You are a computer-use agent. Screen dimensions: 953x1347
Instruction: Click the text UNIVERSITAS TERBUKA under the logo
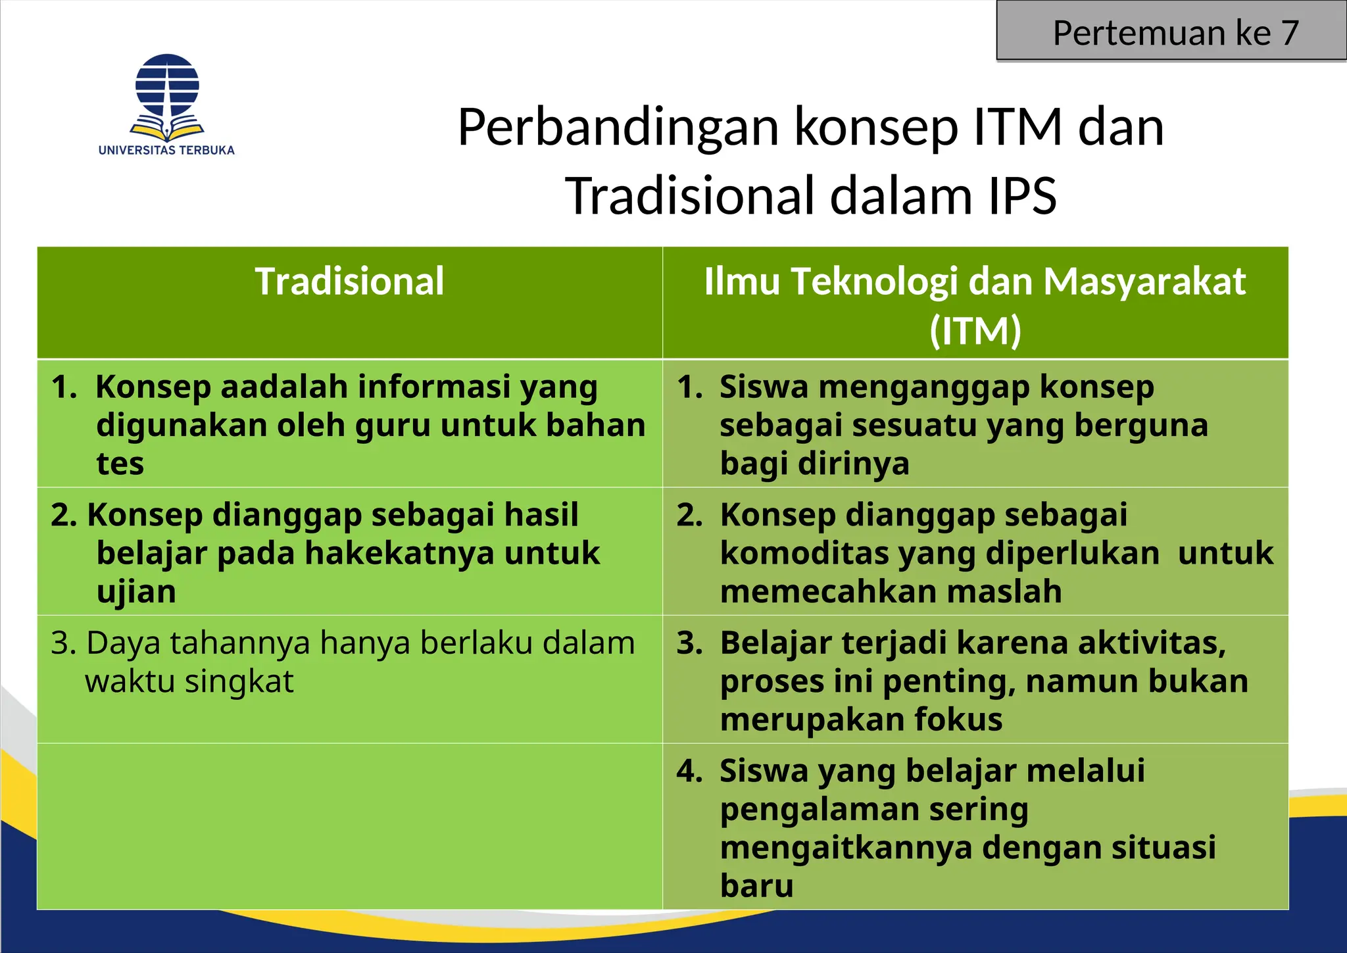click(166, 150)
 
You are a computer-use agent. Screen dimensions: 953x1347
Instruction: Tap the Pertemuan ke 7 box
click(1171, 32)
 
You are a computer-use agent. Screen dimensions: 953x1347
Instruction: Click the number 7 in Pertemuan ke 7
click(1289, 33)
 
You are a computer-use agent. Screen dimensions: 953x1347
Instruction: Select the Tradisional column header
click(349, 282)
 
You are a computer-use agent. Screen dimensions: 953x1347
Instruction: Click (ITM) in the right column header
click(975, 331)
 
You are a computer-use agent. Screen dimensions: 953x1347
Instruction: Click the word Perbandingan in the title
click(618, 127)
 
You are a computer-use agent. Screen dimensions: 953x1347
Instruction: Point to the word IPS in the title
click(1022, 196)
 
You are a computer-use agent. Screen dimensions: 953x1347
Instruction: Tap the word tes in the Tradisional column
click(120, 464)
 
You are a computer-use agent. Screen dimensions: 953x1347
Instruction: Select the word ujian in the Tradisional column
click(136, 592)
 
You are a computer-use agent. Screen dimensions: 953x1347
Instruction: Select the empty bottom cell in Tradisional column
click(349, 826)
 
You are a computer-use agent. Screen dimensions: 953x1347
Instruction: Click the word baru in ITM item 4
click(756, 885)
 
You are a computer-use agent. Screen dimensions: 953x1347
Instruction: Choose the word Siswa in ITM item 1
click(763, 387)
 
